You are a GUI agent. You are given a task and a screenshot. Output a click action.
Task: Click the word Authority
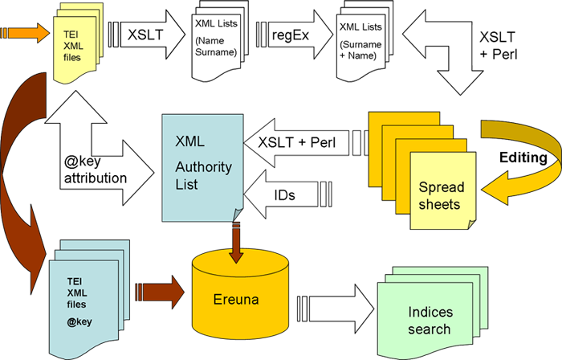point(204,167)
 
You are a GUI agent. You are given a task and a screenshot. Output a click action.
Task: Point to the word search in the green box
point(430,329)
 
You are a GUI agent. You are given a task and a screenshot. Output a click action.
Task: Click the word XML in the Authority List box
point(190,141)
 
